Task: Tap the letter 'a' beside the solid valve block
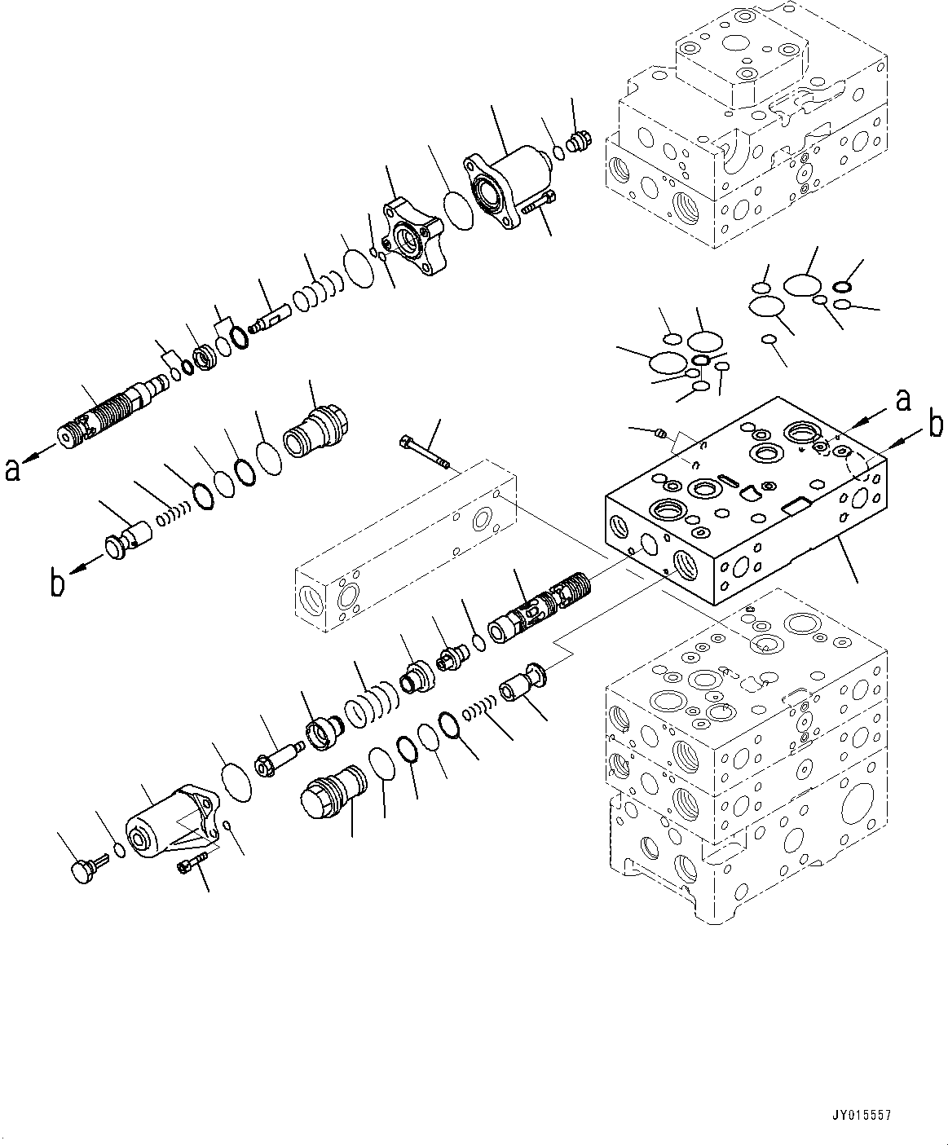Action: (902, 400)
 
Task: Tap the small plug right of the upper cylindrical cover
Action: (580, 144)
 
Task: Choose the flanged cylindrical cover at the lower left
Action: (168, 830)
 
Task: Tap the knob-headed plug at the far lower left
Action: (79, 869)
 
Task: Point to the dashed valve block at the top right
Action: (746, 139)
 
